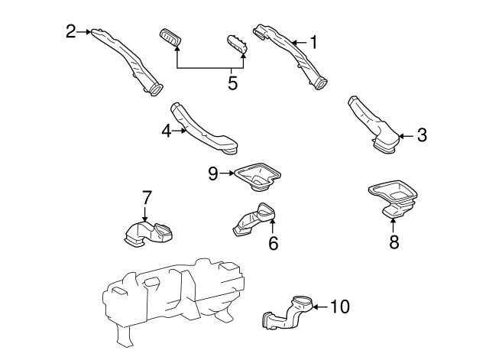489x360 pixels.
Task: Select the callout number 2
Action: tap(71, 31)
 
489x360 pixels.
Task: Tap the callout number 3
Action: tap(421, 136)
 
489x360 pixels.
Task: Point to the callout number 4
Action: tap(167, 131)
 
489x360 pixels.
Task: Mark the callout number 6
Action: tap(273, 244)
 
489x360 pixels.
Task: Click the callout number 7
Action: tap(144, 199)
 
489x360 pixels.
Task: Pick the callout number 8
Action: tap(394, 242)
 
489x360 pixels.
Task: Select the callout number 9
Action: tap(214, 174)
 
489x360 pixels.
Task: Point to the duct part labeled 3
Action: tap(374, 126)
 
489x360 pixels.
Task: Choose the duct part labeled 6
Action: tap(252, 221)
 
